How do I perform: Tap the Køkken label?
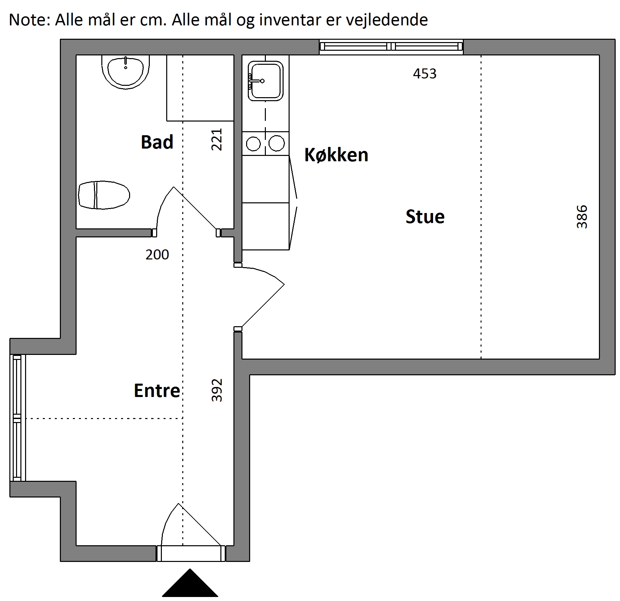[336, 155]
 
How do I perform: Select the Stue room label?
[425, 217]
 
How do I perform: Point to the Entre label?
[157, 390]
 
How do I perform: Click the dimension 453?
[425, 74]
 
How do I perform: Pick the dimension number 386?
[582, 217]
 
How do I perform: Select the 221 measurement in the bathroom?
[217, 140]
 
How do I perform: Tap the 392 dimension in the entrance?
[217, 390]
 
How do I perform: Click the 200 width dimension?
[157, 255]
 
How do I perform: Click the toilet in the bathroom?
[104, 195]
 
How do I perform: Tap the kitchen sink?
[266, 81]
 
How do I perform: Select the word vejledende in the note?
[387, 20]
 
